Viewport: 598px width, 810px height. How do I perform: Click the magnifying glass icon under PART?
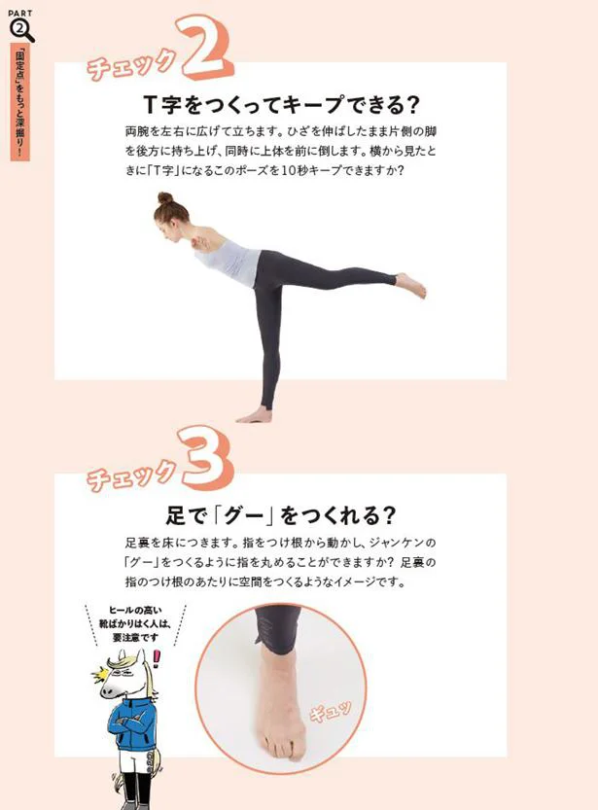(x=20, y=30)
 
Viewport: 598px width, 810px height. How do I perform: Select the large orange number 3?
(x=206, y=458)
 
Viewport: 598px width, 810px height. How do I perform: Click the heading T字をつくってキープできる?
(x=281, y=105)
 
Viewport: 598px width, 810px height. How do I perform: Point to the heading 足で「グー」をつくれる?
(x=281, y=515)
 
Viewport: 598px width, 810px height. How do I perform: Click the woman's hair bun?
(x=164, y=197)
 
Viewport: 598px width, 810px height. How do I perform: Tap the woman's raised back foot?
(x=411, y=285)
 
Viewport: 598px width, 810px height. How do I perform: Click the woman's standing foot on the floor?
(x=254, y=415)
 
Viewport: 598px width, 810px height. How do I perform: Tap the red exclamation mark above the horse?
(x=157, y=658)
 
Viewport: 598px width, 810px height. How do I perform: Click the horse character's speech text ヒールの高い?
(x=135, y=610)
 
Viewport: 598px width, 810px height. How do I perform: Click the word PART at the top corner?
(x=20, y=13)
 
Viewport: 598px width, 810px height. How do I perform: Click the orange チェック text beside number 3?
(x=131, y=475)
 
